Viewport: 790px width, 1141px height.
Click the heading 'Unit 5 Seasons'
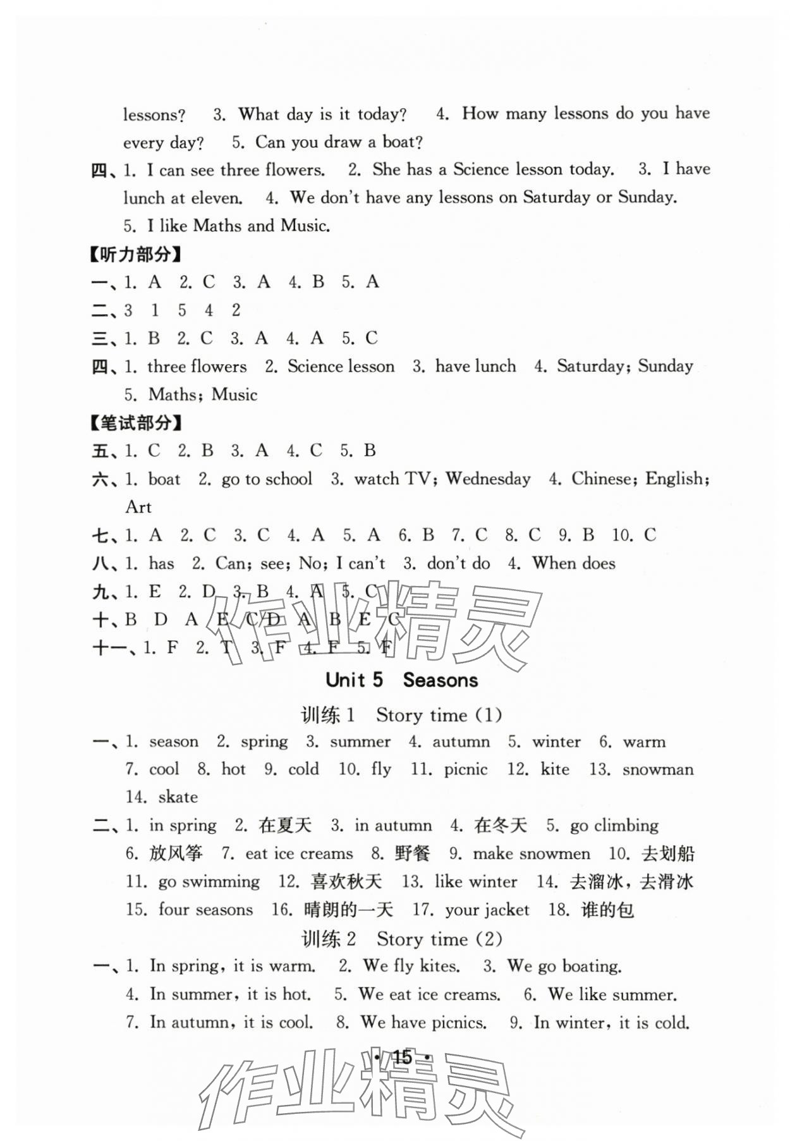pos(401,680)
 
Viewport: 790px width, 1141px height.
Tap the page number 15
pos(402,1057)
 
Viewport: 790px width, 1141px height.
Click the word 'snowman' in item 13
pos(657,769)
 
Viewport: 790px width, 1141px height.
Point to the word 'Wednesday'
pos(488,479)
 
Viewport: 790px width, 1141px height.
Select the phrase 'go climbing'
pos(614,826)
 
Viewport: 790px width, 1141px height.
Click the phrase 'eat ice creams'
pos(299,853)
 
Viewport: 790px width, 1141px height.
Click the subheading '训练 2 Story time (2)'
pos(401,939)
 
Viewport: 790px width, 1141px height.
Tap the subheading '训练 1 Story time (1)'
pos(401,715)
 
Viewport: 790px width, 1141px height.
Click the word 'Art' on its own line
pos(138,507)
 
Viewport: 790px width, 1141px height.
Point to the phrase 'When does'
pos(573,563)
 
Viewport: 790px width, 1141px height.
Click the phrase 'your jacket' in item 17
pos(487,910)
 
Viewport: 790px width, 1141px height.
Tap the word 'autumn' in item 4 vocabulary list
pos(461,741)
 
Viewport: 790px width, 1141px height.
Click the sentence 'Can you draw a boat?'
pos(339,142)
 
